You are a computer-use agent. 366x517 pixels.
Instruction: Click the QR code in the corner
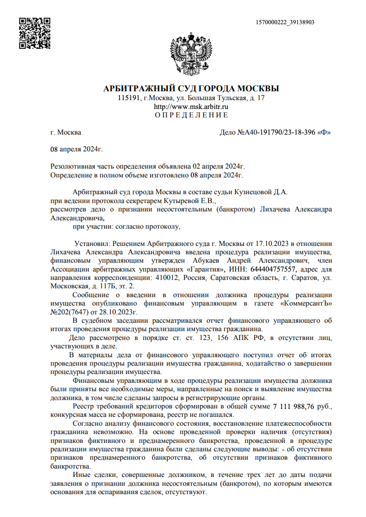35,33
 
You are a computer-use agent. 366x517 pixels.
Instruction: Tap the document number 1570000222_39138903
285,22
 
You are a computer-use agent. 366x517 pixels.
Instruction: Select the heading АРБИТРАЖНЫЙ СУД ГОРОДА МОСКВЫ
191,88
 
